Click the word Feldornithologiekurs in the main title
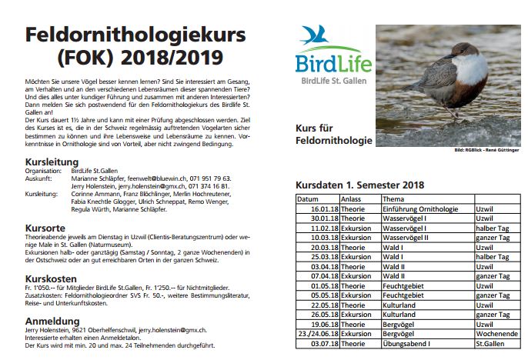(x=123, y=35)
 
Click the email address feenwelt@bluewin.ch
(x=159, y=178)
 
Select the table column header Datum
(x=309, y=199)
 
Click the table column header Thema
(x=394, y=199)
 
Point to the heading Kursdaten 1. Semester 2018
(x=360, y=185)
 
